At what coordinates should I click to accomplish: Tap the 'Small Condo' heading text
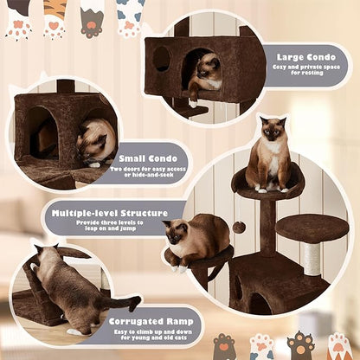click(144, 158)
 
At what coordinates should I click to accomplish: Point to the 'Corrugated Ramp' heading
click(152, 321)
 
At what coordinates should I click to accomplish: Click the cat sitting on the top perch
click(270, 156)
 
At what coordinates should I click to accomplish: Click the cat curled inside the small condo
click(95, 140)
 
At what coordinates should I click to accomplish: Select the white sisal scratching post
click(312, 259)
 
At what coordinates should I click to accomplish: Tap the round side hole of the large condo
click(161, 58)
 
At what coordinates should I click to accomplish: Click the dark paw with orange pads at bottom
click(299, 345)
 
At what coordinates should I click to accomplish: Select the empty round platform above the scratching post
click(312, 228)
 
